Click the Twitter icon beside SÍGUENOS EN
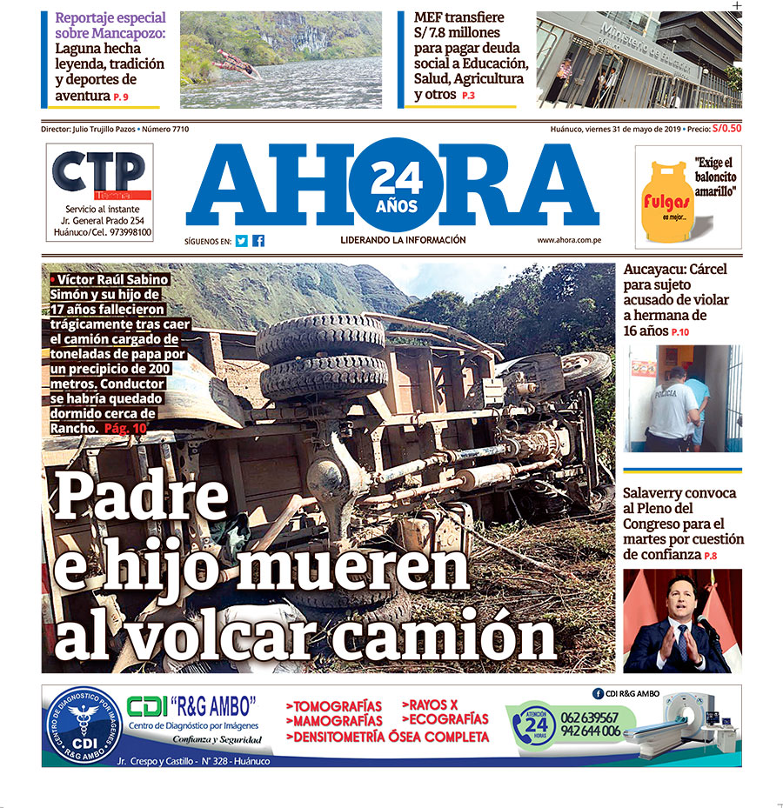tap(242, 241)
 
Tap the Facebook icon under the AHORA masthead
tap(258, 241)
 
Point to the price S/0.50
tap(726, 129)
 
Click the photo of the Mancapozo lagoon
tap(280, 59)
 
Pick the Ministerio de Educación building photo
tap(639, 59)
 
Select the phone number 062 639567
tap(591, 717)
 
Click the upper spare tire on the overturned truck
tap(319, 337)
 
